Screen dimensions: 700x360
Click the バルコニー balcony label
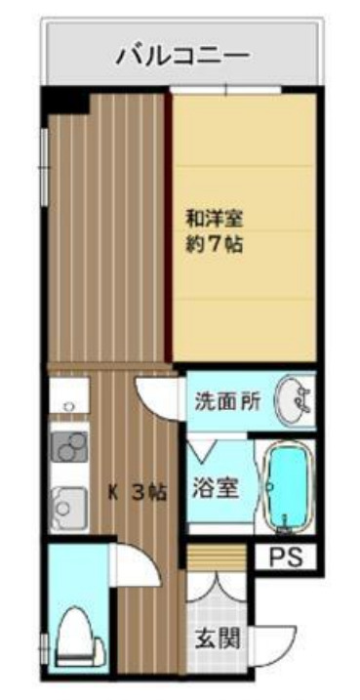182,55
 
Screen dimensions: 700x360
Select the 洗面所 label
226,400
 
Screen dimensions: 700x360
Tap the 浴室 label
215,488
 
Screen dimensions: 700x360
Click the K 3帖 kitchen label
137,493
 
